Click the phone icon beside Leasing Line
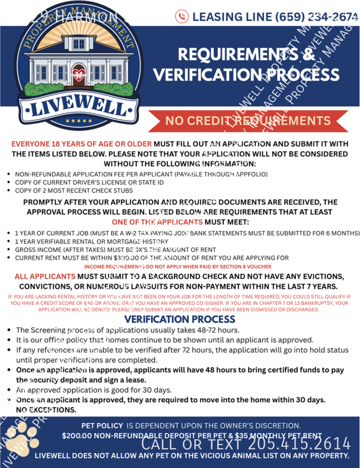point(182,17)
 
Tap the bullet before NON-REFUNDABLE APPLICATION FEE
point(10,174)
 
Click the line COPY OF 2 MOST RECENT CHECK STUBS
point(74,190)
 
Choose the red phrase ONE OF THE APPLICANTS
point(157,222)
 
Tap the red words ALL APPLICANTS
point(45,277)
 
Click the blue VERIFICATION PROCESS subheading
point(179,319)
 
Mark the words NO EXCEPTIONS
point(46,409)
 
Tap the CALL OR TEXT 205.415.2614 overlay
point(246,443)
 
